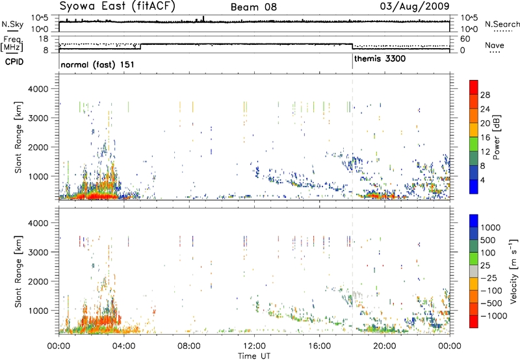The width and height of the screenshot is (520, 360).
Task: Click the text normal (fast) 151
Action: [92, 65]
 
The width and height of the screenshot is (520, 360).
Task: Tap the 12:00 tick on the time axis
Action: [254, 344]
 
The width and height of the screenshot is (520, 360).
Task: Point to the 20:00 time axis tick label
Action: [385, 344]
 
